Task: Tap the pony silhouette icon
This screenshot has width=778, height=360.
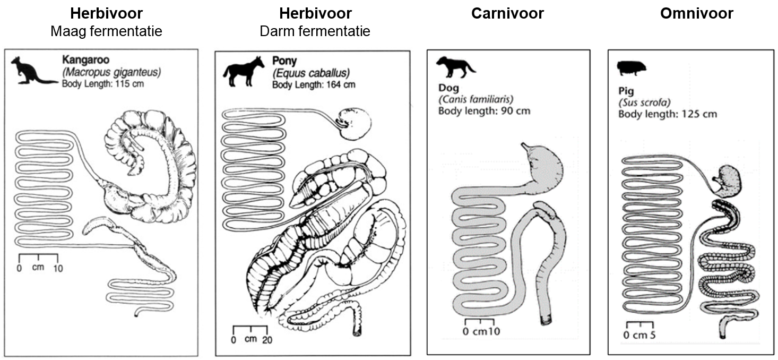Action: (x=244, y=71)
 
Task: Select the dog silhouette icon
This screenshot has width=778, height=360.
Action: (x=455, y=66)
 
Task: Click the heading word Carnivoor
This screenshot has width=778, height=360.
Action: (x=507, y=13)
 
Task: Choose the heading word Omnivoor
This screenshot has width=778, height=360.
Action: (x=696, y=13)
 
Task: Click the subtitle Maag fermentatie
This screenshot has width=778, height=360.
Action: (x=106, y=31)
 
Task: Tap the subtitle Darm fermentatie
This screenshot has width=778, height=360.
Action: (x=315, y=31)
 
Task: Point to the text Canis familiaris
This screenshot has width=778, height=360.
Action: (x=476, y=99)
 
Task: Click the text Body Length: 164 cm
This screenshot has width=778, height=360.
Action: (x=314, y=84)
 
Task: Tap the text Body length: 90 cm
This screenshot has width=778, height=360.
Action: (x=484, y=110)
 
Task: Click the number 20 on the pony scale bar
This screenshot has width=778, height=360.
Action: (x=266, y=340)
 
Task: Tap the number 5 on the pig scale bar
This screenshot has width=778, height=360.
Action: (x=652, y=335)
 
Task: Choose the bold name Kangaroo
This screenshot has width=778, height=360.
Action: (x=84, y=61)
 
